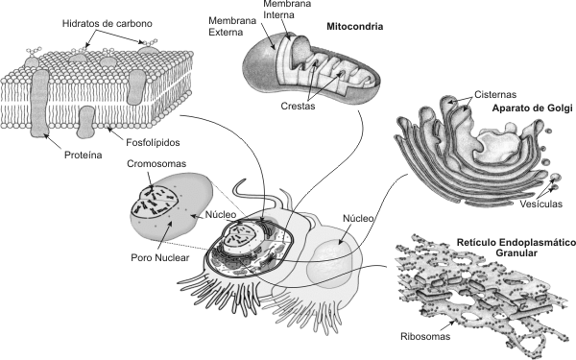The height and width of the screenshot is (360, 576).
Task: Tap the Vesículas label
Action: tap(543, 204)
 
